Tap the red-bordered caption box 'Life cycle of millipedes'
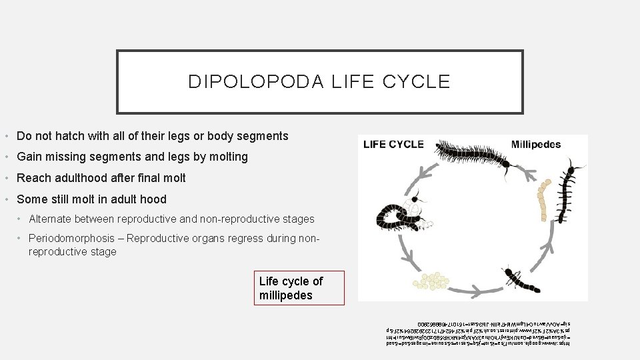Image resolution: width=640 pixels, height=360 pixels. pyautogui.click(x=300, y=288)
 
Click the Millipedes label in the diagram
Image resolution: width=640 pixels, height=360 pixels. pyautogui.click(x=536, y=144)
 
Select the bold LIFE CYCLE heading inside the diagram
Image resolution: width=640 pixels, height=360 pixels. pyautogui.click(x=393, y=144)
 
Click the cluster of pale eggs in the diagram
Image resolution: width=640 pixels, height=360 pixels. pyautogui.click(x=432, y=279)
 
